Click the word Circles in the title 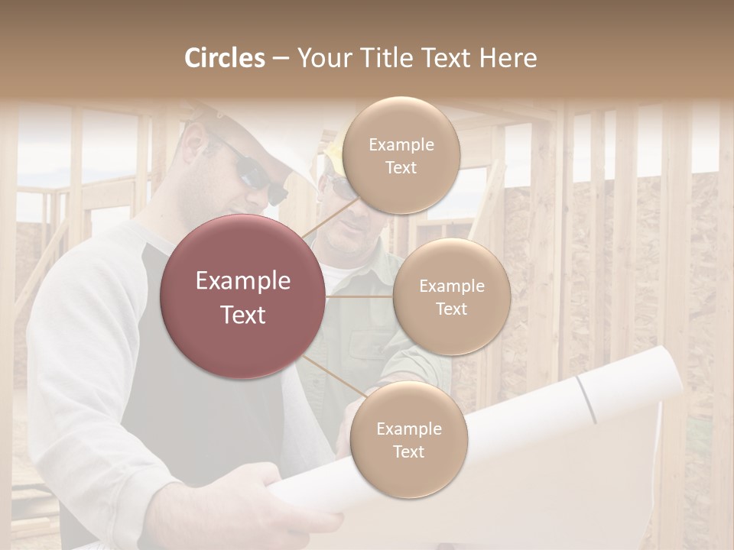tap(225, 58)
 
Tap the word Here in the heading tap(508, 58)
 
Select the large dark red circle tap(242, 296)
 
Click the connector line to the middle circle tap(359, 297)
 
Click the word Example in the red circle tap(242, 281)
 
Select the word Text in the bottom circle tap(408, 452)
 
